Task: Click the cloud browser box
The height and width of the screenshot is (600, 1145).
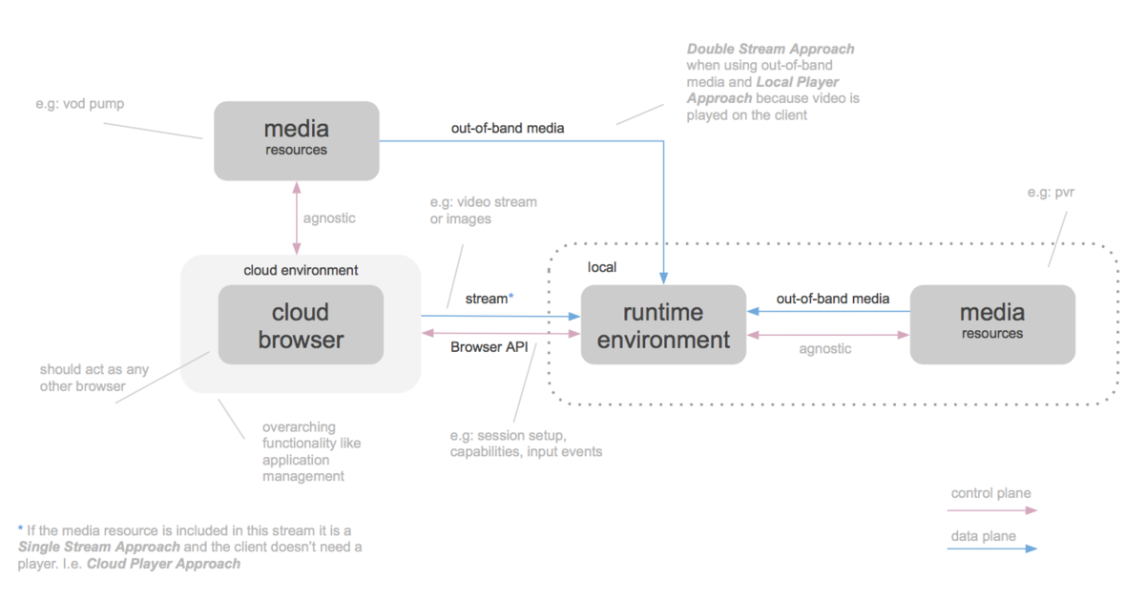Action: tap(301, 325)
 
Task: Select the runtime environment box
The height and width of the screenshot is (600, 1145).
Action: tap(663, 325)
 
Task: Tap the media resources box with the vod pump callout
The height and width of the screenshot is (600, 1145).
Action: tap(296, 139)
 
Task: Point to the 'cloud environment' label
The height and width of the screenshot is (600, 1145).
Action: tap(301, 270)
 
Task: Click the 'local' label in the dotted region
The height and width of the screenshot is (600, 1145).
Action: tap(602, 268)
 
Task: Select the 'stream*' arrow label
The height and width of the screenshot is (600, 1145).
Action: tap(489, 299)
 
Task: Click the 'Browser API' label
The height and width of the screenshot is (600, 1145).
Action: tap(489, 347)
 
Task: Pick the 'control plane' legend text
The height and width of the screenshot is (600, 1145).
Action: tap(990, 493)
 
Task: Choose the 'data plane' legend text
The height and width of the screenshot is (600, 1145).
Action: tap(983, 536)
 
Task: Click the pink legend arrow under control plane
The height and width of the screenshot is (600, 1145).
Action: tap(992, 510)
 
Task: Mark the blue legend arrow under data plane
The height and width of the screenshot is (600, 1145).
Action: tap(992, 549)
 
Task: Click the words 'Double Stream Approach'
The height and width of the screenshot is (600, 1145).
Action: tap(770, 49)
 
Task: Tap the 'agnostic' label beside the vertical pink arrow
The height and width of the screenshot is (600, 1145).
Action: tap(329, 217)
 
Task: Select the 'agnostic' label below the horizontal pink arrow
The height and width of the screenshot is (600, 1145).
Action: tap(824, 349)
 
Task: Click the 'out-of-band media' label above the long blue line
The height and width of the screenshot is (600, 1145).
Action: tap(508, 127)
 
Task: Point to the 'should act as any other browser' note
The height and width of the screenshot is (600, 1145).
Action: tap(94, 377)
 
